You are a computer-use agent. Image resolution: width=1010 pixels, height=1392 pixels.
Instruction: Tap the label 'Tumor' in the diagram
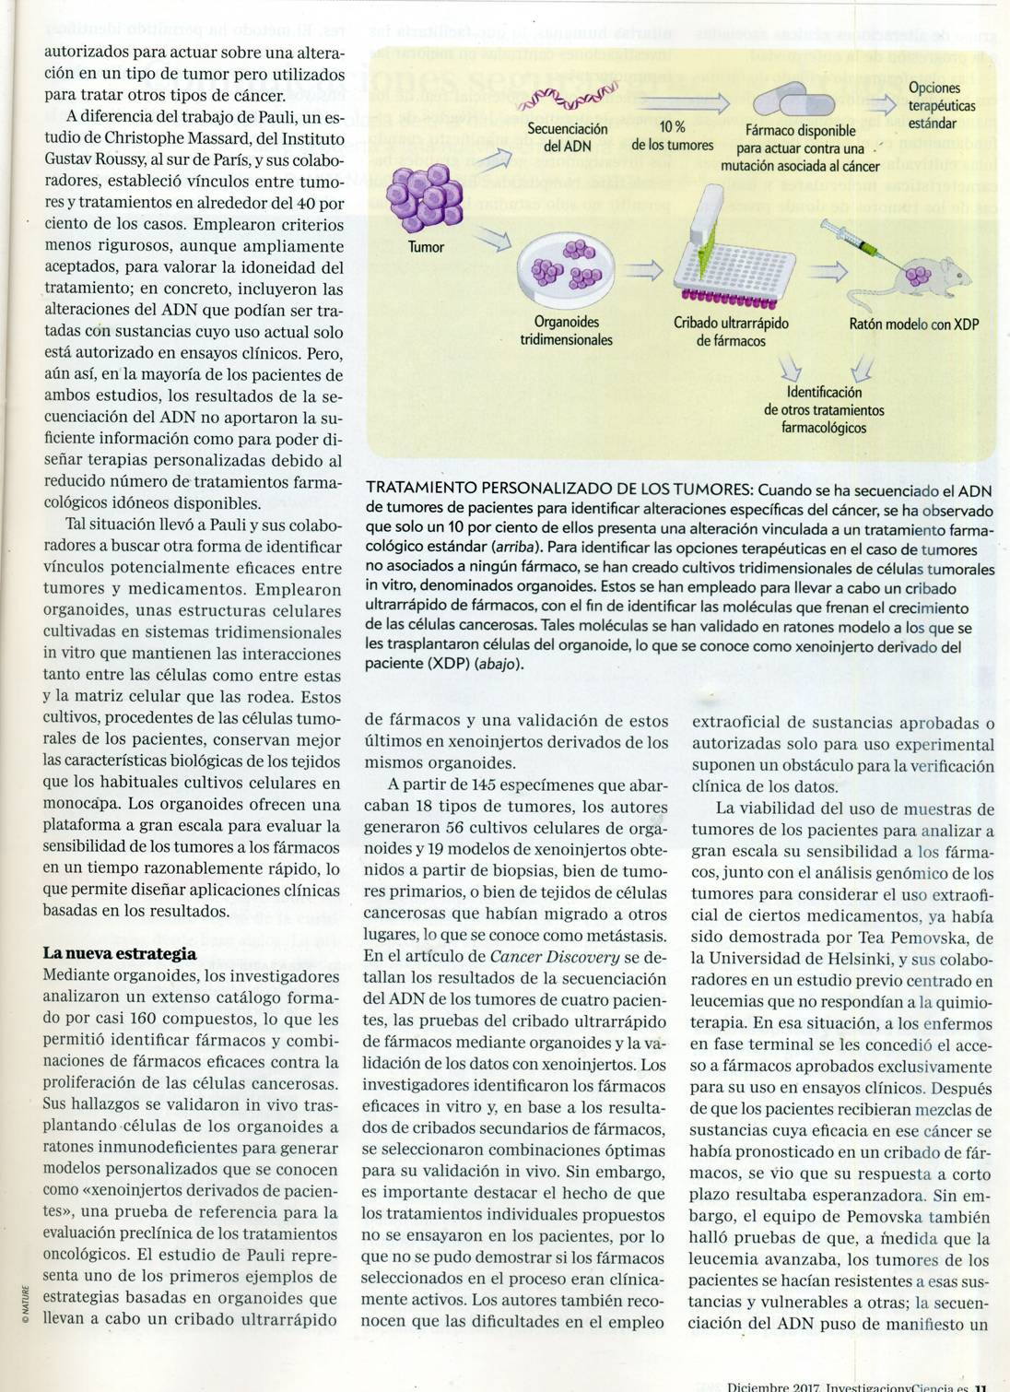click(426, 247)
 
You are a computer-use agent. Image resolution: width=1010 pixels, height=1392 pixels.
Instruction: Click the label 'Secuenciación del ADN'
click(567, 137)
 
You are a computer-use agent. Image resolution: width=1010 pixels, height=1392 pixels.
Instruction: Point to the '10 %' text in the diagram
click(672, 127)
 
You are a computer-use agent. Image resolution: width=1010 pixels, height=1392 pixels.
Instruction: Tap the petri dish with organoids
click(566, 268)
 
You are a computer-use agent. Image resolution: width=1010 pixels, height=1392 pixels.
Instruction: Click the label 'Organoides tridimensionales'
click(566, 331)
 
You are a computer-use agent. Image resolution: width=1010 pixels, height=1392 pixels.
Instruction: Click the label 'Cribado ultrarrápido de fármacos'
click(731, 332)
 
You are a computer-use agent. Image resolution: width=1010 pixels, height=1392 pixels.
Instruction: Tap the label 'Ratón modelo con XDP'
click(913, 324)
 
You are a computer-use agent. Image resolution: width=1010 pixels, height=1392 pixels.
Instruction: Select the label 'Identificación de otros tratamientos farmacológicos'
click(823, 409)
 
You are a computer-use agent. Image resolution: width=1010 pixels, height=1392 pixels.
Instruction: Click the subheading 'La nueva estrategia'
click(120, 953)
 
